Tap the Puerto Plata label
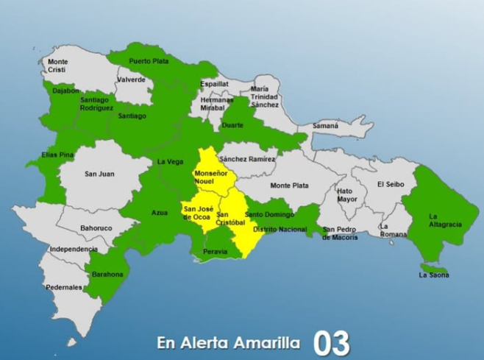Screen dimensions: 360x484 point(149,61)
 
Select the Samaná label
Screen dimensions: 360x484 point(325,126)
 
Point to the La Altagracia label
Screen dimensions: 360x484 point(444,220)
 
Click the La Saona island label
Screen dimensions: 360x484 point(434,275)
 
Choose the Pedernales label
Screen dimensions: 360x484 point(64,287)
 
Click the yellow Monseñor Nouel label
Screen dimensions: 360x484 point(210,177)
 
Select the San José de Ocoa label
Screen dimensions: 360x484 point(198,213)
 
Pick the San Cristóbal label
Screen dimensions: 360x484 point(229,218)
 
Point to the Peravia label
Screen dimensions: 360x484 point(214,252)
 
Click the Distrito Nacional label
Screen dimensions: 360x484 point(280,230)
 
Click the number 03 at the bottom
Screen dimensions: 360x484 point(331,343)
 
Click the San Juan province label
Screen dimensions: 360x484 point(99,174)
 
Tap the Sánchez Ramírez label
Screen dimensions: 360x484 point(247,159)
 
